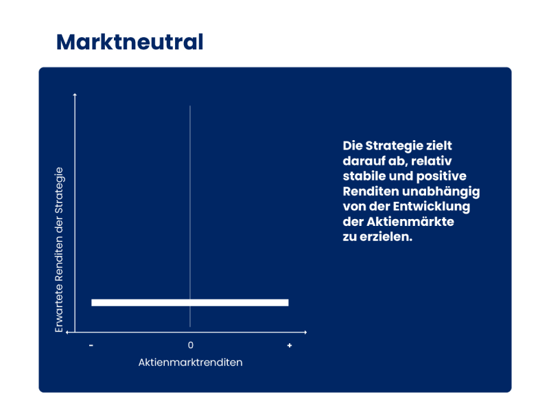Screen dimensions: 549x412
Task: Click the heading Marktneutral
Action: point(130,42)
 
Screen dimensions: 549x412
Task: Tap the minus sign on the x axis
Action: point(91,345)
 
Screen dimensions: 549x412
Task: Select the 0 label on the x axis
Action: point(191,345)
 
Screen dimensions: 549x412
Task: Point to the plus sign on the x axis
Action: point(289,345)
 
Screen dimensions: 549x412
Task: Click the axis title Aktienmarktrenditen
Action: point(191,363)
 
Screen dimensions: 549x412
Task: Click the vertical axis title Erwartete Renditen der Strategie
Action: point(59,250)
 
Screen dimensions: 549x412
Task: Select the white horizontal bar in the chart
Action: point(190,303)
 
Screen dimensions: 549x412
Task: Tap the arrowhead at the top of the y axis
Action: point(75,94)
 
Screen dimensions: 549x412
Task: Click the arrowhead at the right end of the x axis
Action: point(305,332)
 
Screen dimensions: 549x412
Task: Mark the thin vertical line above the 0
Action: point(190,216)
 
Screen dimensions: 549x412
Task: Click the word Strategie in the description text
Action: point(394,146)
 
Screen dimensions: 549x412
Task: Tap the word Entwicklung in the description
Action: point(432,207)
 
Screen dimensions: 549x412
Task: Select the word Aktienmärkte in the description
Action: point(410,222)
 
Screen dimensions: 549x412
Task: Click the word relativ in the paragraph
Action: point(432,161)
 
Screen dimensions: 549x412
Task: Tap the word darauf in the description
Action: point(364,161)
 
